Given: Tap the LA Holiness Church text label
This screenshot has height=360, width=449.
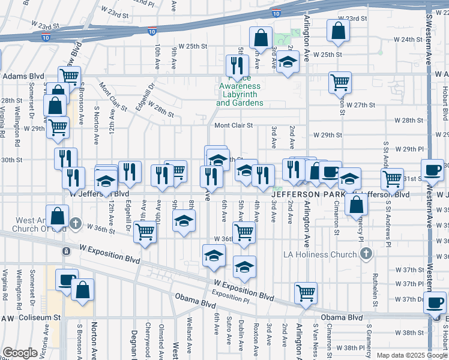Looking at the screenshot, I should coord(321,254).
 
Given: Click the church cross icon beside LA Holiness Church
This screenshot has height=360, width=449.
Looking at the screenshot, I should coord(366,254).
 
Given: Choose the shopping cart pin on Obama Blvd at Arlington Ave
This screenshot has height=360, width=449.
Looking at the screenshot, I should coord(306,293).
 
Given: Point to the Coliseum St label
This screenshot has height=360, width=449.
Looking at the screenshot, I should coord(40,317).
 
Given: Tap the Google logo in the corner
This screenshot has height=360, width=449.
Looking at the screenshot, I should coord(20,353).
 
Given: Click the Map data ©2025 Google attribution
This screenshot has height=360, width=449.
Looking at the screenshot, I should coord(411,355).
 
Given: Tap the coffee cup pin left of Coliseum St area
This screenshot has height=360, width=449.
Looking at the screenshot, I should coord(67,280).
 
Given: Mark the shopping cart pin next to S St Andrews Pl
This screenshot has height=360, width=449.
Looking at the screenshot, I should coord(392,178).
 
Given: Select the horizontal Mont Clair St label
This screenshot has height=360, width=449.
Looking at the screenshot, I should coord(234,125).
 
